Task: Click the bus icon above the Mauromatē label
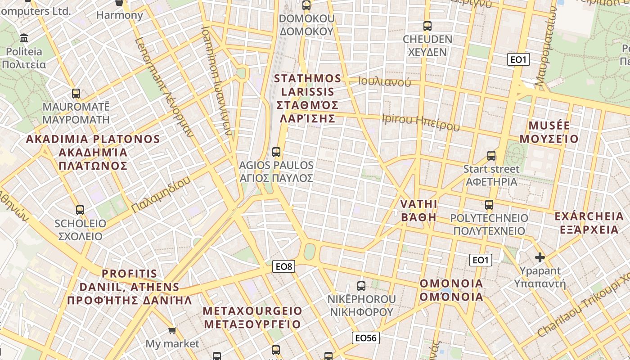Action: click(x=76, y=94)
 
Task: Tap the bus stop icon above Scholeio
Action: click(x=80, y=210)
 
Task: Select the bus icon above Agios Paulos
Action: click(x=276, y=152)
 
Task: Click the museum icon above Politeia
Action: click(x=24, y=38)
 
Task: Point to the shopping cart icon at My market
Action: click(x=172, y=331)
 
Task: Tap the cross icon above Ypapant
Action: click(x=540, y=258)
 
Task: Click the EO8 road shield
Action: click(x=284, y=267)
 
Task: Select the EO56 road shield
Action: click(x=366, y=338)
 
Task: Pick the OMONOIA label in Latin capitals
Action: click(x=451, y=283)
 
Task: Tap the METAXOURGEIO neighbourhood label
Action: click(x=252, y=311)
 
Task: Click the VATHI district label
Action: click(x=419, y=204)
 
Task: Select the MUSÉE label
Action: click(x=549, y=126)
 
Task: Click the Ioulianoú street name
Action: click(x=385, y=82)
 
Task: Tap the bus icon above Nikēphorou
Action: click(x=361, y=286)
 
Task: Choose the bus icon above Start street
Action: click(x=491, y=156)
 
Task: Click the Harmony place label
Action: click(x=120, y=15)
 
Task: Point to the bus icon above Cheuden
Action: click(x=427, y=26)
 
